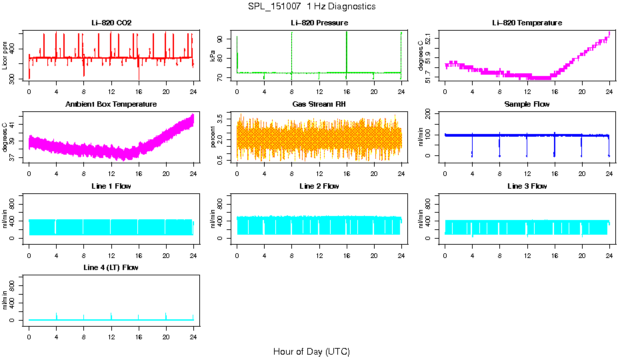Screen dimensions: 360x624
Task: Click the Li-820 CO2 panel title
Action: point(111,23)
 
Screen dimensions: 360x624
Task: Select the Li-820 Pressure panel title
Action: point(319,23)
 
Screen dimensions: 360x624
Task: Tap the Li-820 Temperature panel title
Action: point(527,23)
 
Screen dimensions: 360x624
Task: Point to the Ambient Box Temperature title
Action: point(111,105)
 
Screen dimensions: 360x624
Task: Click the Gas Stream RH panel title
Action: point(319,105)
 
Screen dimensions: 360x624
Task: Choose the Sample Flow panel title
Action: point(527,105)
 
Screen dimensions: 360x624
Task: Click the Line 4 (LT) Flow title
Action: point(111,267)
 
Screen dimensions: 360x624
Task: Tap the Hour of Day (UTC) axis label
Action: point(311,351)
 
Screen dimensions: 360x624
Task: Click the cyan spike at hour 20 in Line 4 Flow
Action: point(166,315)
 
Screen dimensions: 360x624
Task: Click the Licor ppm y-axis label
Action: point(5,58)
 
